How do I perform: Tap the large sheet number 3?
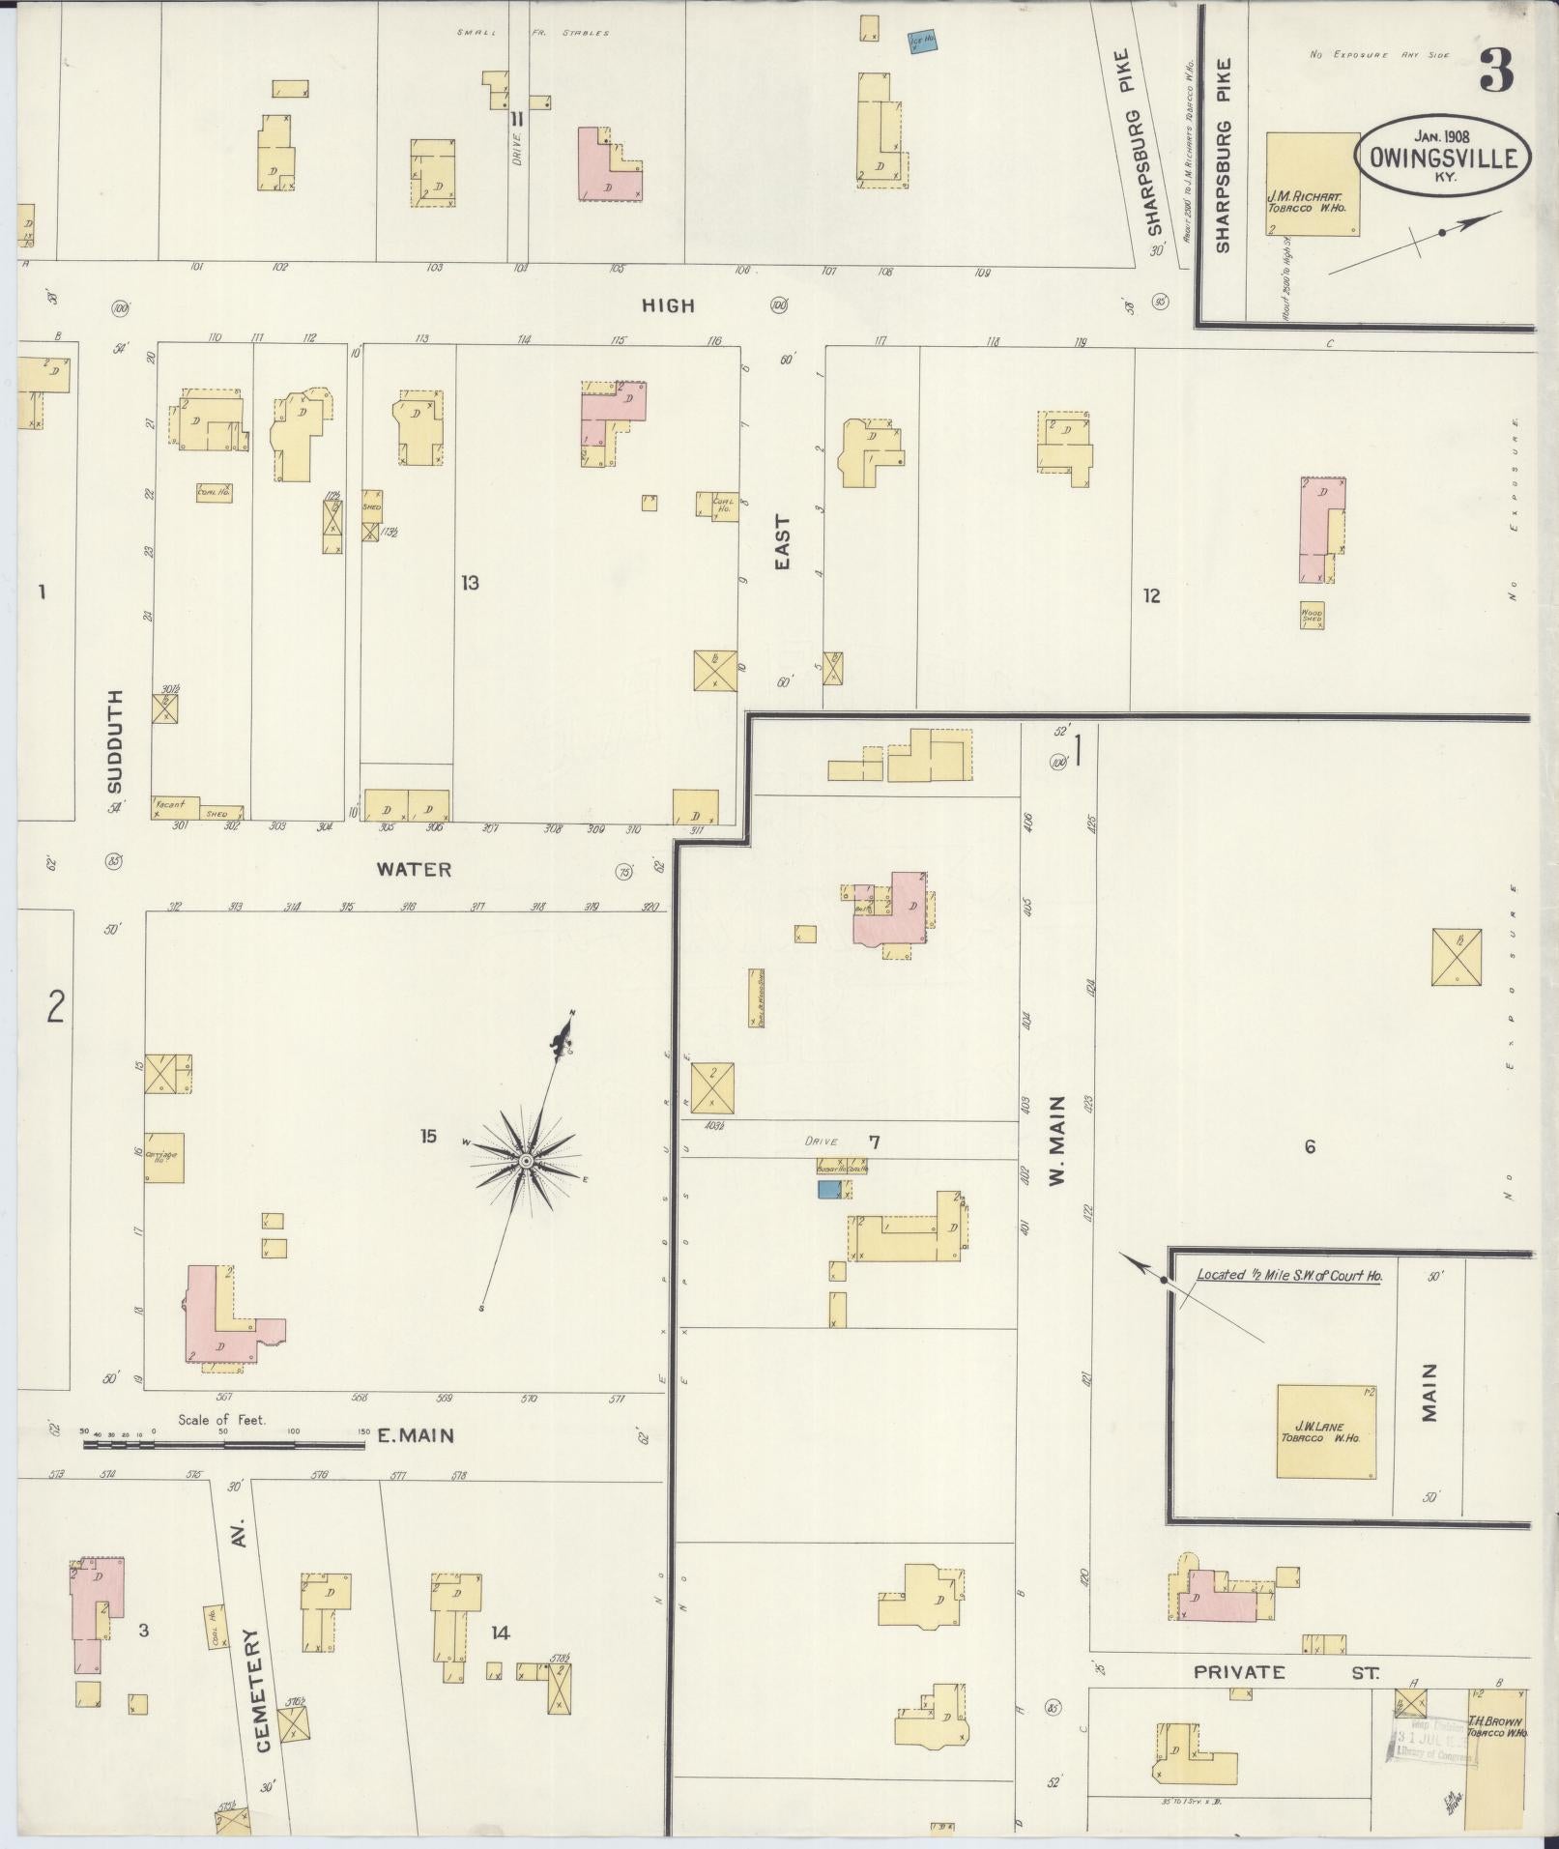1495,71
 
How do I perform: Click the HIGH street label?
669,305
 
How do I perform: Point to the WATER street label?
414,869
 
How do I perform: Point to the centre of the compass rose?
525,1160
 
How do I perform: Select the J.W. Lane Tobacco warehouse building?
1326,1431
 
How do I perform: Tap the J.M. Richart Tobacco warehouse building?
1313,185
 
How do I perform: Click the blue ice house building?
922,42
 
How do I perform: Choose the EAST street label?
782,542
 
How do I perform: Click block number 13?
470,583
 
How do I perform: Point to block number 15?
428,1136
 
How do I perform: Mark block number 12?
1151,595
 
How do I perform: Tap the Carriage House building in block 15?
164,1157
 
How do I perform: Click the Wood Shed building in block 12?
1312,616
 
